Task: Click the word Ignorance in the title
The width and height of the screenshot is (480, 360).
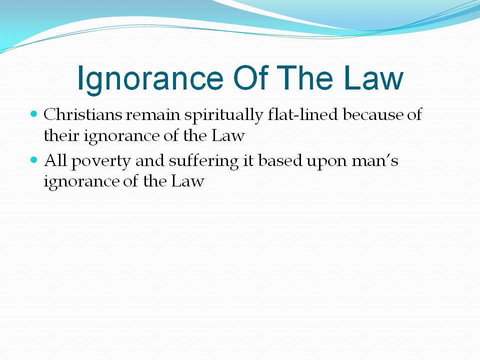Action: tap(150, 79)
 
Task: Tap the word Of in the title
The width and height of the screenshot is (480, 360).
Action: tap(250, 78)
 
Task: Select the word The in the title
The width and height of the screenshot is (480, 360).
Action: tap(305, 78)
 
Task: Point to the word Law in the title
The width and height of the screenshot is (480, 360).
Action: tap(373, 78)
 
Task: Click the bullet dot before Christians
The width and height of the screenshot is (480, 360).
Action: tap(34, 114)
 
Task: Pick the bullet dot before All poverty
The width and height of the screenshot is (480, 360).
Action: tap(34, 160)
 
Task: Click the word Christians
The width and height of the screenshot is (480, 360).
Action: tap(82, 114)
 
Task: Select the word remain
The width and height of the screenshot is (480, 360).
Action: tap(153, 115)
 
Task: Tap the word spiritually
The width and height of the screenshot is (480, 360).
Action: tap(223, 115)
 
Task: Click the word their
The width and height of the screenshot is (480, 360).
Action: tap(61, 135)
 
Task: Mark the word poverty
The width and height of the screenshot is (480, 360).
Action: tap(101, 162)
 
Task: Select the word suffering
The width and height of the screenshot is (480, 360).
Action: tap(203, 161)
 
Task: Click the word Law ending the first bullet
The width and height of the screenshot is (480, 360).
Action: tap(228, 135)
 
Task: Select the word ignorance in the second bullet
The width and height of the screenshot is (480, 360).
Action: tap(81, 182)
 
